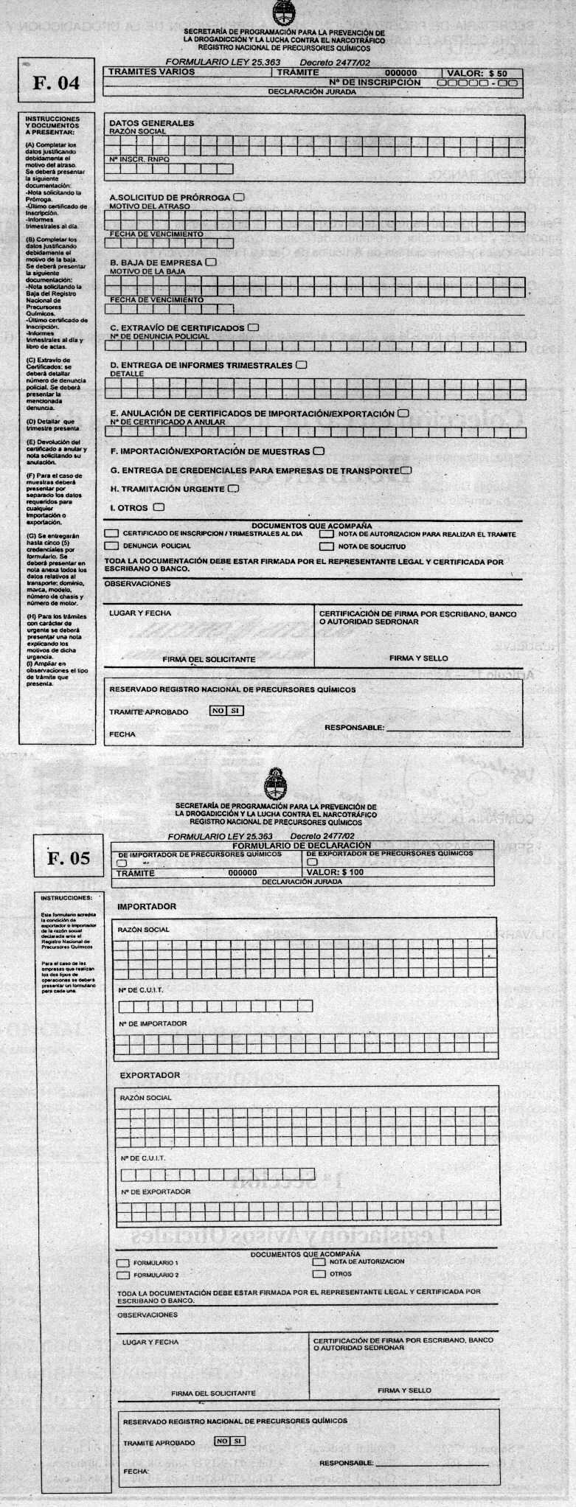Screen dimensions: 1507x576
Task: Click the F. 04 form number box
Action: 56,83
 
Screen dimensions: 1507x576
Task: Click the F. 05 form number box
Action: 69,857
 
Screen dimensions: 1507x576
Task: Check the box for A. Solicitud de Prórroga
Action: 239,198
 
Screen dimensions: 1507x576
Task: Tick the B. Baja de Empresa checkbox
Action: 212,262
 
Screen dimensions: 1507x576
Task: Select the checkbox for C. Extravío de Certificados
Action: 254,327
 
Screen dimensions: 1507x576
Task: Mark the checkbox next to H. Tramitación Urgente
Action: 234,488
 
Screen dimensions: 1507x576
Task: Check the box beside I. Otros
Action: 159,507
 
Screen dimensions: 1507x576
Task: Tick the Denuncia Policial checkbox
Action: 111,546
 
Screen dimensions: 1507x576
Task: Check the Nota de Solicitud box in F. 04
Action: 327,546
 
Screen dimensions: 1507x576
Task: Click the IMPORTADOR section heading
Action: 148,906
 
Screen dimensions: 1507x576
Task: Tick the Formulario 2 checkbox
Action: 123,1275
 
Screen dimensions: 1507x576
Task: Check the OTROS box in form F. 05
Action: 319,1273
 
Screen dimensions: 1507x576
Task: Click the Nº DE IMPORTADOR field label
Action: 153,1023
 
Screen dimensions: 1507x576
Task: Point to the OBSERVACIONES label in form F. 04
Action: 137,584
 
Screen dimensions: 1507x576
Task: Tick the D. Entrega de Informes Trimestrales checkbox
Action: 301,364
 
